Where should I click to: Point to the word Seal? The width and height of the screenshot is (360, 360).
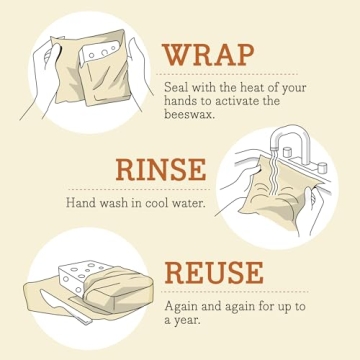[x=175, y=87]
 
